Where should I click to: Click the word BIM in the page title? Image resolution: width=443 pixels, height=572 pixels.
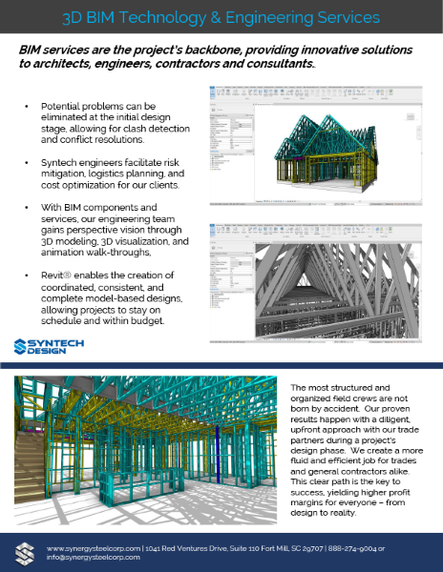133,17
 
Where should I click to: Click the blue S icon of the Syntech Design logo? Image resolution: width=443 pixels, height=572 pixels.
23,346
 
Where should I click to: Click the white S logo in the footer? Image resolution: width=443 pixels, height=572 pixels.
25,551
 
